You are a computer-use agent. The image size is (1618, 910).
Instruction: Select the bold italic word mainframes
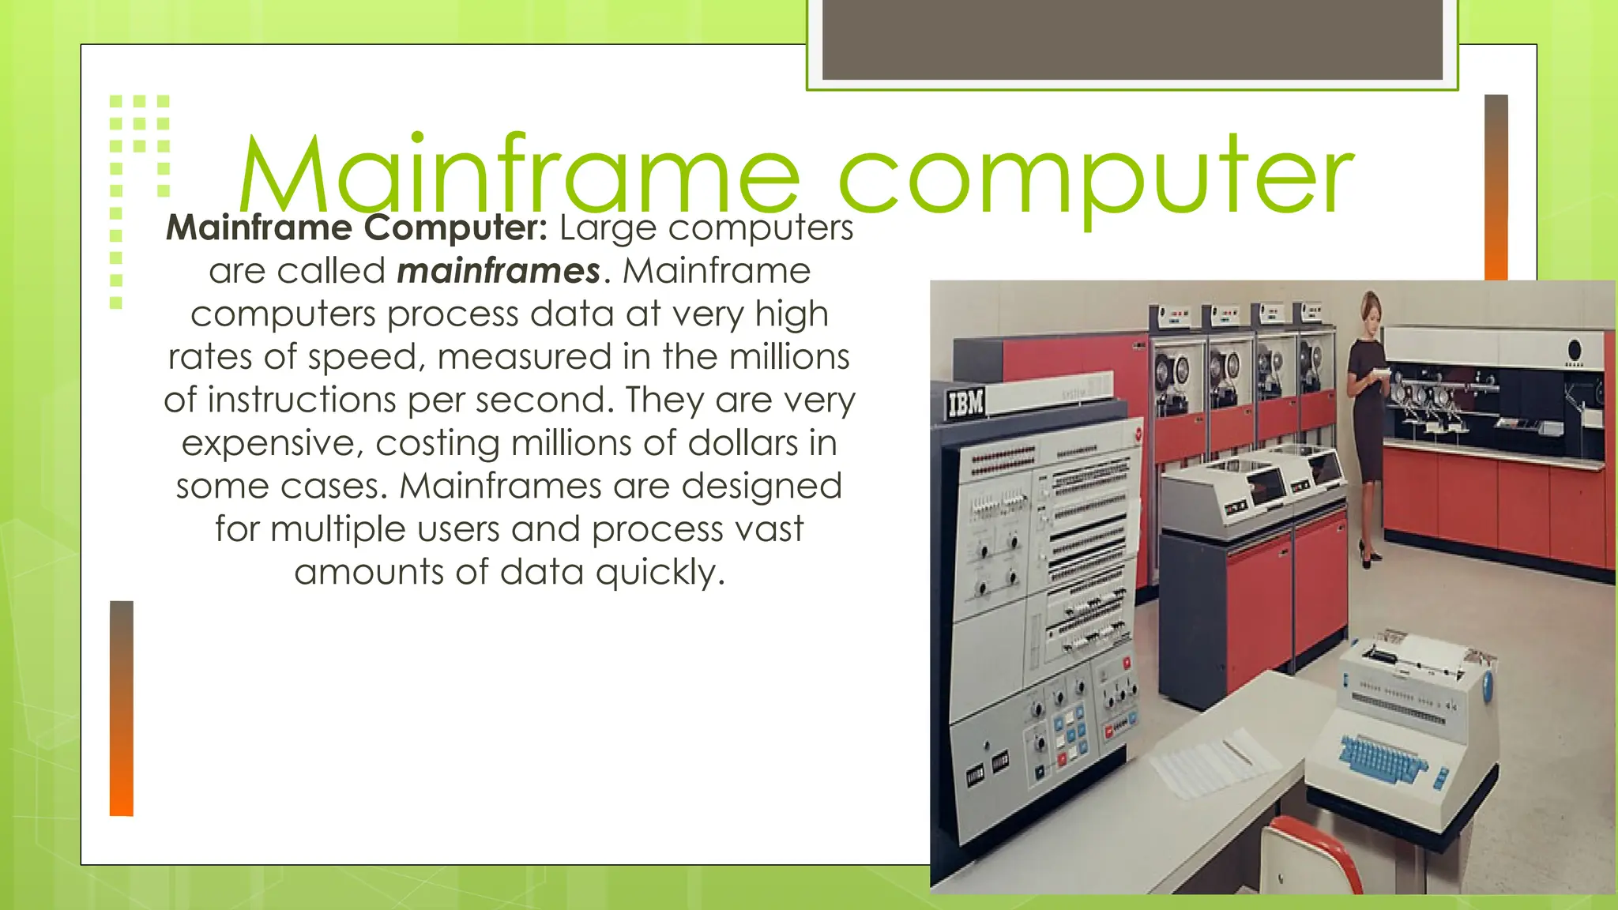point(499,271)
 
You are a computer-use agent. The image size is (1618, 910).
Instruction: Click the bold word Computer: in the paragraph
point(456,228)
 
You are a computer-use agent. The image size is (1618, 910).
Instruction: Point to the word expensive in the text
point(272,443)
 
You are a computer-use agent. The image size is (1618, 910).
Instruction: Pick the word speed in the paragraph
point(361,357)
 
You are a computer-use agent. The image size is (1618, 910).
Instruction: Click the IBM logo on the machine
point(965,404)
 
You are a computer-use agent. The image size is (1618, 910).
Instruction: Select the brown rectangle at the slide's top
point(1132,39)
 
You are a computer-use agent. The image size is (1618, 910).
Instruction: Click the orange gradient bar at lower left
point(122,708)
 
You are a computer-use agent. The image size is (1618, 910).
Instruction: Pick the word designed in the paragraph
point(762,486)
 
